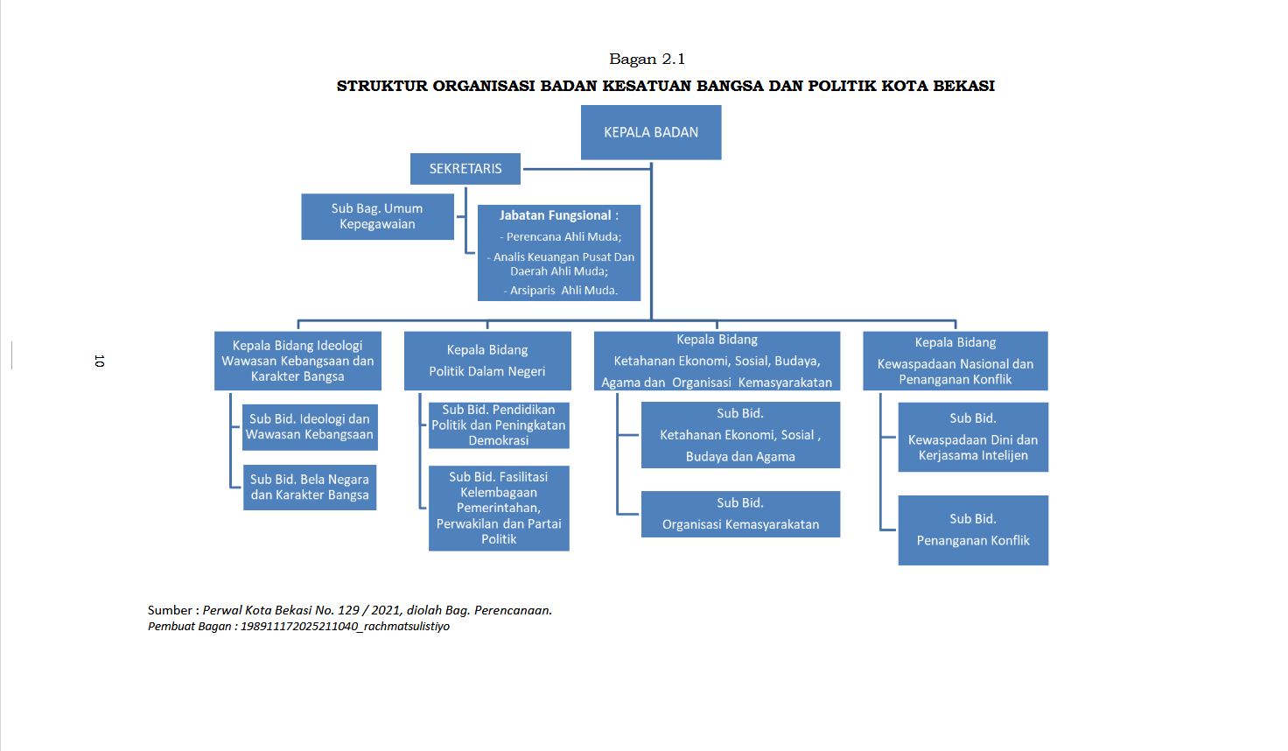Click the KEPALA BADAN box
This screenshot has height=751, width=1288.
click(651, 132)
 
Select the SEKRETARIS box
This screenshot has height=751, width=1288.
click(465, 169)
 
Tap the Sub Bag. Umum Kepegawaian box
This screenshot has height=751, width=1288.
click(377, 216)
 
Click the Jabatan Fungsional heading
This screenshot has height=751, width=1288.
click(558, 215)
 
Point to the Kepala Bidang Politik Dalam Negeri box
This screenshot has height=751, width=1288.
click(487, 361)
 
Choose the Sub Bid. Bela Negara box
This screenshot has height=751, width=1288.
click(310, 488)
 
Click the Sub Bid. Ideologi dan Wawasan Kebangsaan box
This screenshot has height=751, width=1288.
click(310, 427)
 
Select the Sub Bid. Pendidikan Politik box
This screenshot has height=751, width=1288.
click(499, 425)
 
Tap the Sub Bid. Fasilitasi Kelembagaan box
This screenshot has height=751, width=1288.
click(499, 508)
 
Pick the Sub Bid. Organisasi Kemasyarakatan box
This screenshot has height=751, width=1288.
click(740, 514)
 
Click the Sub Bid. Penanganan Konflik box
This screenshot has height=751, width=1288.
click(973, 530)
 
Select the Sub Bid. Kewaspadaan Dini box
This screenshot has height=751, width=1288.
click(973, 437)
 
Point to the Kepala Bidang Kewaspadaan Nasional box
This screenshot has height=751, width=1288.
click(955, 361)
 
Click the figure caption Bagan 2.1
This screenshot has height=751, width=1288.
click(647, 59)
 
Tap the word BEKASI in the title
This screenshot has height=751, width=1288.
click(963, 86)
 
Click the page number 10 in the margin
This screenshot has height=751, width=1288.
click(99, 361)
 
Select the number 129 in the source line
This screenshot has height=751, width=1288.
click(348, 610)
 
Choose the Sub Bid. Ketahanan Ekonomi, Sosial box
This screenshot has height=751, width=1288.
click(740, 435)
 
